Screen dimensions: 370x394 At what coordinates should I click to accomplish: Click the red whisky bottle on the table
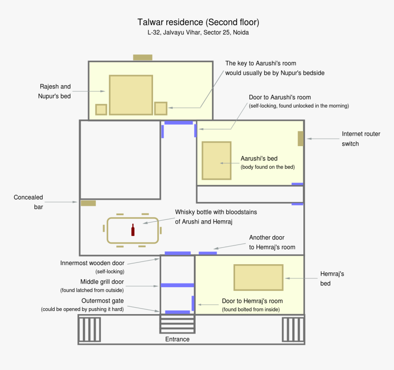(x=133, y=230)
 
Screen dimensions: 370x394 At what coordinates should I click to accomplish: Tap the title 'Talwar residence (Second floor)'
(x=198, y=22)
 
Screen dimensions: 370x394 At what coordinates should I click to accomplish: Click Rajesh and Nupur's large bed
(x=131, y=95)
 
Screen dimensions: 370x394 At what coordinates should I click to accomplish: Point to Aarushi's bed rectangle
(x=216, y=161)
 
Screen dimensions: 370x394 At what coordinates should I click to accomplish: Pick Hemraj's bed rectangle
(x=258, y=277)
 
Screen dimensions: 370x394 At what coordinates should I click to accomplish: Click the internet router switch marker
(x=301, y=138)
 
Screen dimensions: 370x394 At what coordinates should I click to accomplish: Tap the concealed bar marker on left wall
(x=88, y=203)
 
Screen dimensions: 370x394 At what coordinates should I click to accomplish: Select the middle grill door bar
(x=177, y=285)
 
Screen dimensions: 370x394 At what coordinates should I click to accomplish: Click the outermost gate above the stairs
(x=177, y=312)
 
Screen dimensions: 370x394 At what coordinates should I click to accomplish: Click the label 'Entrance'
(x=177, y=339)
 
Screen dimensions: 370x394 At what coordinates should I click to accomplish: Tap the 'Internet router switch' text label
(x=361, y=139)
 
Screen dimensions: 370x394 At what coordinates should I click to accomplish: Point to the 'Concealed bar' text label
(x=28, y=202)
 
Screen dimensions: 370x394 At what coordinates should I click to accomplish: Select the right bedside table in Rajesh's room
(x=160, y=109)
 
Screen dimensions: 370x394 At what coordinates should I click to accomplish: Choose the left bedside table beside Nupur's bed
(x=101, y=109)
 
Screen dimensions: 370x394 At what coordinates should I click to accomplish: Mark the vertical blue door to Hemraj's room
(x=193, y=303)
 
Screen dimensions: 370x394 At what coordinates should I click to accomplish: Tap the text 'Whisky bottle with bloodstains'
(x=216, y=212)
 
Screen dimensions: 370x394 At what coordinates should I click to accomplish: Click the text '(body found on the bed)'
(x=267, y=167)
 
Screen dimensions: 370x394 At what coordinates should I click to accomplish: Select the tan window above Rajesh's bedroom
(x=142, y=57)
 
